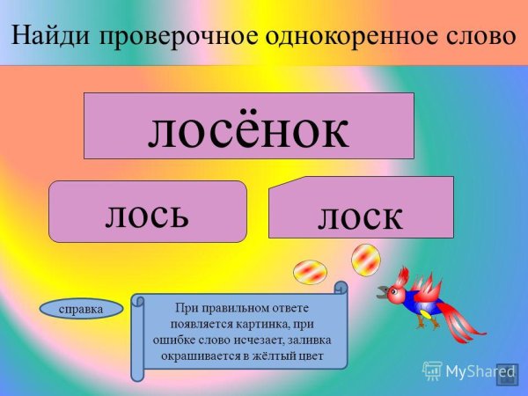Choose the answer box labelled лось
(x=147, y=212)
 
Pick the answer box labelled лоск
(x=361, y=211)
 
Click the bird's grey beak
(x=384, y=291)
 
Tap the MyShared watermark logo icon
(x=432, y=370)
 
